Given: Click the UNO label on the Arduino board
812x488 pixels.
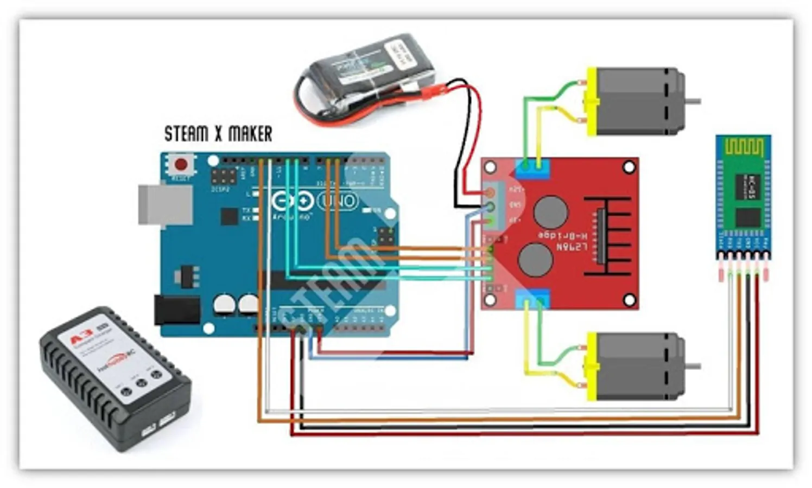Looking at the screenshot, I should [338, 201].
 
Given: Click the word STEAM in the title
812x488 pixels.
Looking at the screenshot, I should [186, 133].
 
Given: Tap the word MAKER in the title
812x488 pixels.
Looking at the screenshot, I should [250, 133].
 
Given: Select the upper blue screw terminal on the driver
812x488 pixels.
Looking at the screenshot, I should [532, 169].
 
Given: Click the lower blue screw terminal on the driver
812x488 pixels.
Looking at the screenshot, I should [532, 299].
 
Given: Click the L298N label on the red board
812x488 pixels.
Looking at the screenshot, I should [572, 247].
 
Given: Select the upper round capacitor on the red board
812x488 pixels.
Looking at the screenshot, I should [550, 211].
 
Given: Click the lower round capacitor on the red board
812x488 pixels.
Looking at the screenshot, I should [536, 259].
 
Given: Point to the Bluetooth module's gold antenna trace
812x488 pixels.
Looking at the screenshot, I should [744, 147].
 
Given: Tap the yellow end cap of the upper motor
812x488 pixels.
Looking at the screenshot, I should [591, 101].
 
